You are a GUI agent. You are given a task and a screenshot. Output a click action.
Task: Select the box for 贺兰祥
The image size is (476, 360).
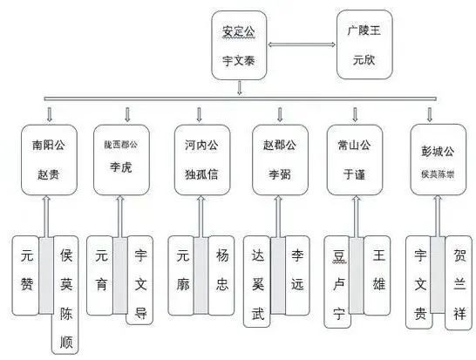coord(458,274)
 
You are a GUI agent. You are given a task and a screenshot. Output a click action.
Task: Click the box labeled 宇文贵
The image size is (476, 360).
coord(421,274)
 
